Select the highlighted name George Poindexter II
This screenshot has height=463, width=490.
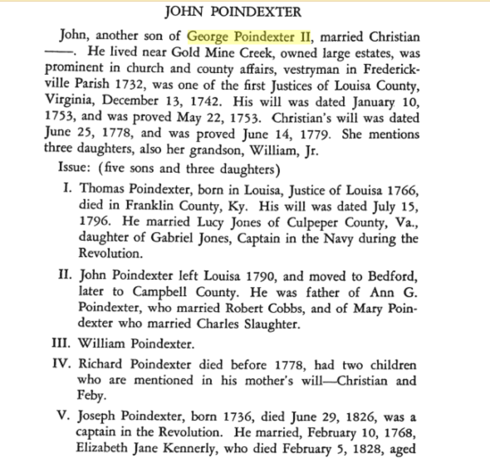tap(249, 37)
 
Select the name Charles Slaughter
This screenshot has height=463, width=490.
tap(247, 324)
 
